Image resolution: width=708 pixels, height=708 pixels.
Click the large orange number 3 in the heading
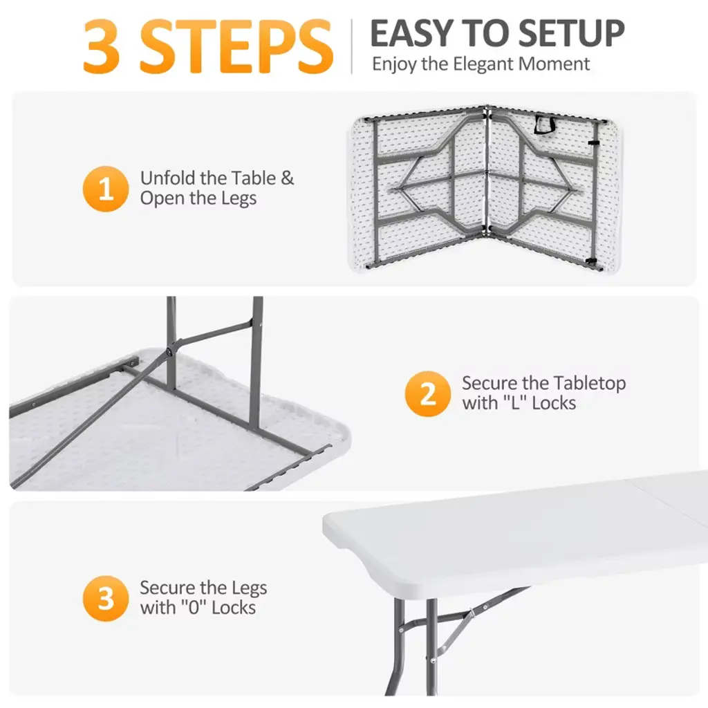pos(102,46)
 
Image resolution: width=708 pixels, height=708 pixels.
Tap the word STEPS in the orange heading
pos(236,46)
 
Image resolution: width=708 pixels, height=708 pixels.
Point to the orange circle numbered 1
pos(106,189)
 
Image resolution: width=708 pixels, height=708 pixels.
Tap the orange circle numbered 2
pos(427,393)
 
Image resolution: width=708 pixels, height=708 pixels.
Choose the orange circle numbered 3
pos(106,598)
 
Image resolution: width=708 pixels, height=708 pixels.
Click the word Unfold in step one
pos(167,178)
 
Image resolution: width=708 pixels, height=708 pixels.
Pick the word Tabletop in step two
pos(589,383)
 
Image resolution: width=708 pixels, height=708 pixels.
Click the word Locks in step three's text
pos(234,608)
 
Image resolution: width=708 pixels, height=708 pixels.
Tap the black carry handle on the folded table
pos(545,124)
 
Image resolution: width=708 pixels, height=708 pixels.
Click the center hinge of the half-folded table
pos(486,171)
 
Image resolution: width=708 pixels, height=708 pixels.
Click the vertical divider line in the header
pos(351,46)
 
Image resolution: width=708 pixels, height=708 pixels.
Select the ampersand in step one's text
pos(287,178)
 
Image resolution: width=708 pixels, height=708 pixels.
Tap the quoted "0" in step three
pos(194,608)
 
